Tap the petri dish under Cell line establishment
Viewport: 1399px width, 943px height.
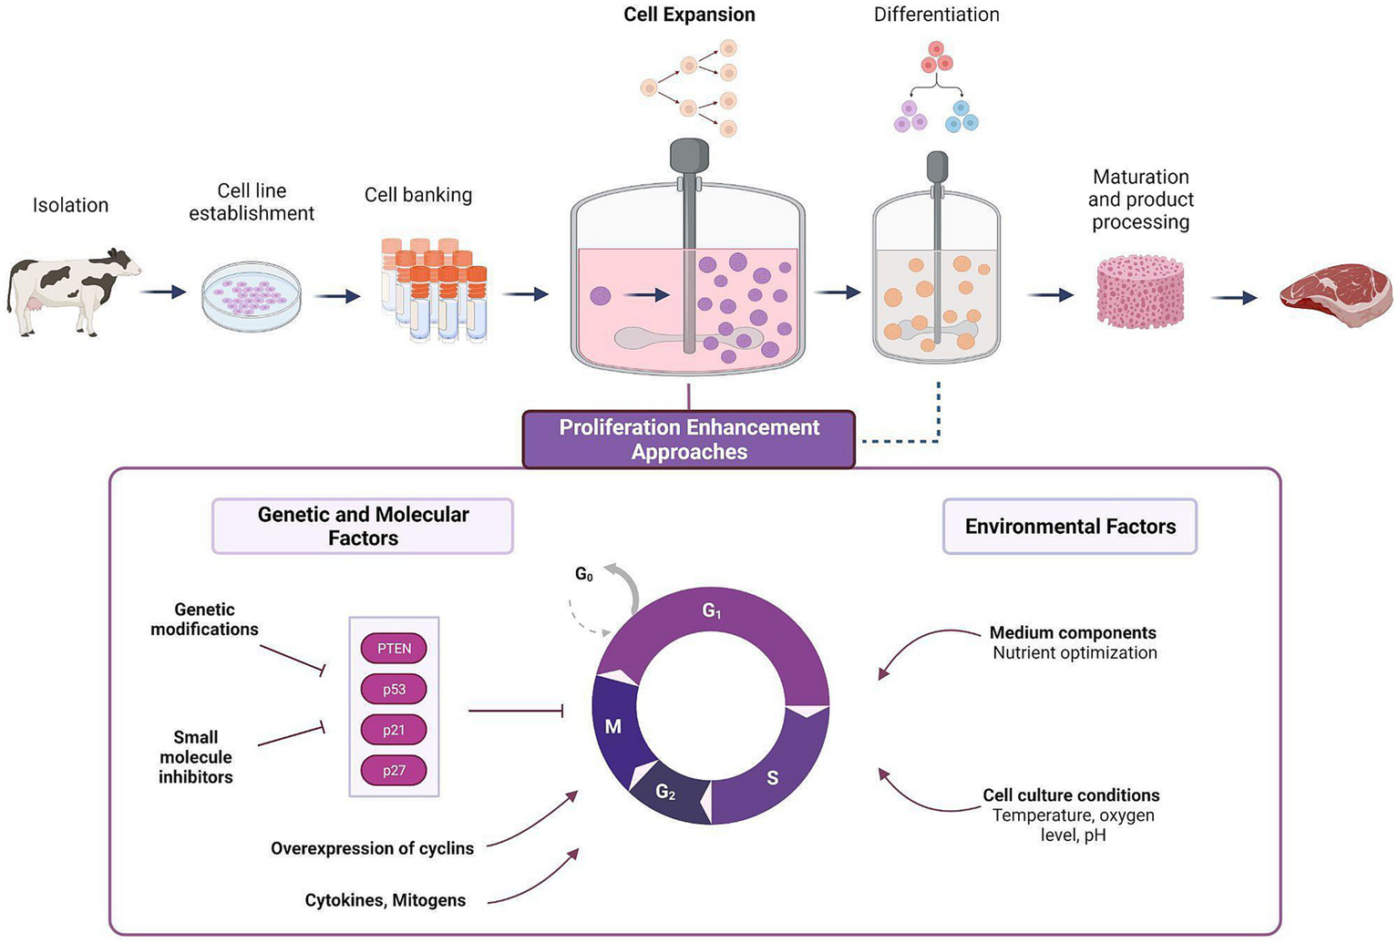click(x=252, y=296)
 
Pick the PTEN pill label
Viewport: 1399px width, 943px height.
click(x=394, y=649)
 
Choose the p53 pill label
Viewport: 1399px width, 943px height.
click(x=394, y=690)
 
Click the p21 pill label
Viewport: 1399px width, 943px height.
click(x=394, y=730)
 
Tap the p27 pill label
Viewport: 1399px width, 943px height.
click(x=394, y=771)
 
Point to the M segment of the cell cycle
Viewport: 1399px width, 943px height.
click(x=613, y=727)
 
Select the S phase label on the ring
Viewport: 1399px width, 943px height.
click(x=772, y=778)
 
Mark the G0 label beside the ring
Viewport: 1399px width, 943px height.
click(x=584, y=575)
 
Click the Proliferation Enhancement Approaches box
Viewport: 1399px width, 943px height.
click(x=689, y=440)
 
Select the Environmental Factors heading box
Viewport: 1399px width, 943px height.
click(x=1070, y=527)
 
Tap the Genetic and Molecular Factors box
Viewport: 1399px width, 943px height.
click(x=363, y=527)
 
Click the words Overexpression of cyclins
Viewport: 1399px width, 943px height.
click(x=372, y=849)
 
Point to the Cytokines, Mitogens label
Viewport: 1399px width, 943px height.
click(x=385, y=901)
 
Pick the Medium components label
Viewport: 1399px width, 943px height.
click(x=1073, y=633)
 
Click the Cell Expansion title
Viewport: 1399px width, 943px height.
click(x=689, y=15)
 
